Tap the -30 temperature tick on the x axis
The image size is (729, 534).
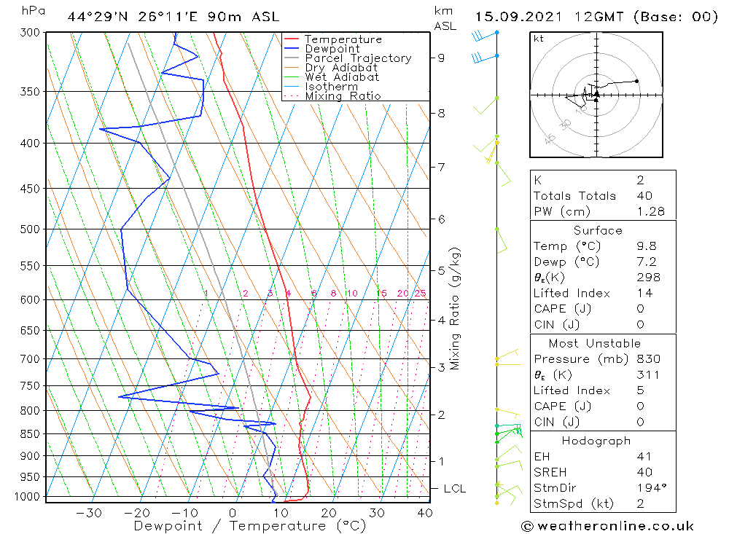pyautogui.click(x=89, y=513)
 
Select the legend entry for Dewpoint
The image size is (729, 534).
pyautogui.click(x=332, y=49)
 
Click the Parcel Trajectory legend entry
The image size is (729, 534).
pyautogui.click(x=357, y=58)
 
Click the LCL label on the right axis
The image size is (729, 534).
pyautogui.click(x=454, y=488)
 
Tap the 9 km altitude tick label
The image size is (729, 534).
pyautogui.click(x=442, y=58)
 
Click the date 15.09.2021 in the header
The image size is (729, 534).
pyautogui.click(x=512, y=17)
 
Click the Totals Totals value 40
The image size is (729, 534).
pyautogui.click(x=644, y=196)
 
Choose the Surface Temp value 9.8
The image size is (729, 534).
pyautogui.click(x=646, y=246)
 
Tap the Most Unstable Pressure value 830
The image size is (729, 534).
pyautogui.click(x=648, y=359)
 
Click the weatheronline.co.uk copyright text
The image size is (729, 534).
pyautogui.click(x=607, y=526)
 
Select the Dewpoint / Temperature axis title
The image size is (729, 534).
pyautogui.click(x=249, y=526)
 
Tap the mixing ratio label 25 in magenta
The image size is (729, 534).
pyautogui.click(x=420, y=294)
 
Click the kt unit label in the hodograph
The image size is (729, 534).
pyautogui.click(x=538, y=39)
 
